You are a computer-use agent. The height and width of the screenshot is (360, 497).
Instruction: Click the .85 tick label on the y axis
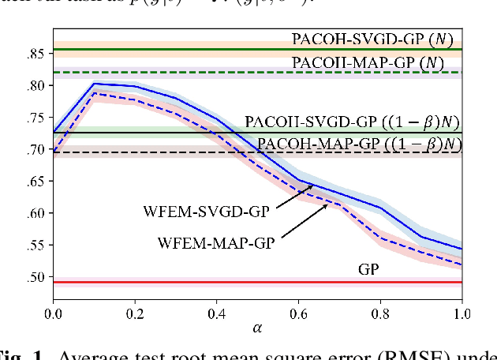pyautogui.click(x=37, y=54)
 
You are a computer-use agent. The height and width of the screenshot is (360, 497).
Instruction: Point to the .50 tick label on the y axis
pyautogui.click(x=37, y=277)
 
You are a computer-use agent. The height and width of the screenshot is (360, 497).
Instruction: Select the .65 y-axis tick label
pyautogui.click(x=37, y=182)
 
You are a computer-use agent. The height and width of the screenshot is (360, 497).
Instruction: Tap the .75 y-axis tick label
pyautogui.click(x=37, y=118)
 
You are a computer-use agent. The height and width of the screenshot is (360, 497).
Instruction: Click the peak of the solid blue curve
pyautogui.click(x=94, y=83)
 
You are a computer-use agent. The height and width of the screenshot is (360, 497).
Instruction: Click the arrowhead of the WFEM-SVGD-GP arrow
pyautogui.click(x=313, y=186)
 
